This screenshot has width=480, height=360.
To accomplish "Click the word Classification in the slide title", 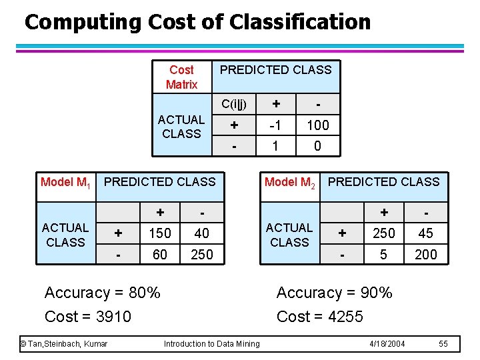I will pyautogui.click(x=300, y=22).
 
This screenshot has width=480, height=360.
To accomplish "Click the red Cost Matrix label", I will pyautogui.click(x=181, y=77).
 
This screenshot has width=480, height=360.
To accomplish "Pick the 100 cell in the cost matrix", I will pyautogui.click(x=317, y=125).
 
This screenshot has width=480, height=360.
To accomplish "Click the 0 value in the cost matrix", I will pyautogui.click(x=317, y=145).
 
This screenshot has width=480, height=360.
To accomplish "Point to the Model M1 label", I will pyautogui.click(x=65, y=182).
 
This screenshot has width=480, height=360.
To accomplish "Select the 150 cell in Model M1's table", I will pyautogui.click(x=160, y=233).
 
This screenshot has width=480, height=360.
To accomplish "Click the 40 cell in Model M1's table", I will pyautogui.click(x=202, y=233).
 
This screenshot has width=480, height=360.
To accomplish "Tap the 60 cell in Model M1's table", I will pyautogui.click(x=160, y=254).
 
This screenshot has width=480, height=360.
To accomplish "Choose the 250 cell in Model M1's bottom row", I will pyautogui.click(x=202, y=254).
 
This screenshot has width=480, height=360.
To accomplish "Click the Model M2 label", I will pyautogui.click(x=290, y=182).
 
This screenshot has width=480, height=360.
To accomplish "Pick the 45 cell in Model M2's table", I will pyautogui.click(x=425, y=233).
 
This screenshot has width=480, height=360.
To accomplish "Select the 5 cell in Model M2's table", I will pyautogui.click(x=384, y=254).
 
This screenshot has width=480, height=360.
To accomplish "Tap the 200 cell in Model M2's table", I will pyautogui.click(x=425, y=254).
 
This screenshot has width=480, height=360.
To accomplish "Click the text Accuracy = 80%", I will pyautogui.click(x=102, y=293).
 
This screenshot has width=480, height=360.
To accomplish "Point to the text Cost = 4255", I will pyautogui.click(x=320, y=316).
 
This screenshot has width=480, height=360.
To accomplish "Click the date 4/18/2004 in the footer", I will pyautogui.click(x=388, y=343).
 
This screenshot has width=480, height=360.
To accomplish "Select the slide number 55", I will pyautogui.click(x=444, y=343).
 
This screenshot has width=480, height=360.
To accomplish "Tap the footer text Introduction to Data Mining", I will pyautogui.click(x=212, y=343).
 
